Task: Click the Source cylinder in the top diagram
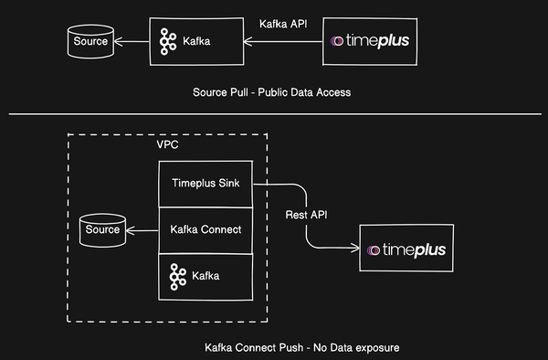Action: (90, 41)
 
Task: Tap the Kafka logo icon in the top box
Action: (168, 41)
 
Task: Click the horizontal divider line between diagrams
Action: (274, 115)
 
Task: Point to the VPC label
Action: (169, 145)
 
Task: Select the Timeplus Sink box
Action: (205, 183)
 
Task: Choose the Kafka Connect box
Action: (205, 228)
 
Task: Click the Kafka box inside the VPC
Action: (205, 274)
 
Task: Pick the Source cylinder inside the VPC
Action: (101, 231)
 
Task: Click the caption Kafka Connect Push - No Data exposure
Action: (303, 348)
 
